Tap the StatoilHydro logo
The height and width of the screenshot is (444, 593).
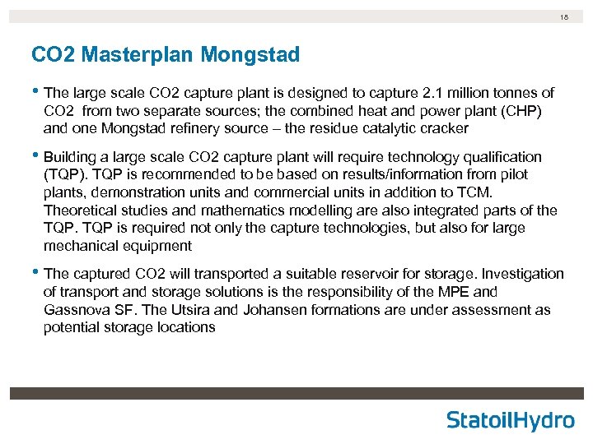(511, 420)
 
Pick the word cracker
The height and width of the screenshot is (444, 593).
(442, 128)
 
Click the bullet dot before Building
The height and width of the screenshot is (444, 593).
(35, 156)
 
